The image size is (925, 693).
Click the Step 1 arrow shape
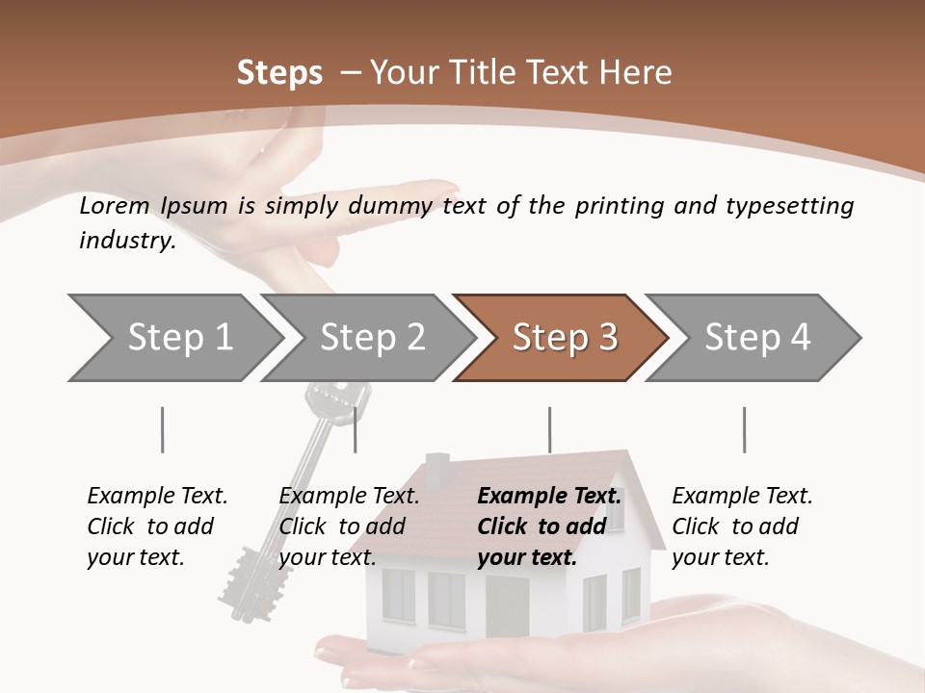coord(173,338)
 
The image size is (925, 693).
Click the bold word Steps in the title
coord(279,73)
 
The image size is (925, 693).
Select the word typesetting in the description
coord(789,205)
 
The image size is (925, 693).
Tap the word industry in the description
coord(127,241)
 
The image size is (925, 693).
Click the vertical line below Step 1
coord(162,429)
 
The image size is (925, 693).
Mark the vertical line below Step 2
coord(356,429)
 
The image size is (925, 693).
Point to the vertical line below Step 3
coord(549,429)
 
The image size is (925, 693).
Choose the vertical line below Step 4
coord(744,429)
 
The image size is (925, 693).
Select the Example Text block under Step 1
coord(157,526)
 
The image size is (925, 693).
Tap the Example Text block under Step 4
coord(742,526)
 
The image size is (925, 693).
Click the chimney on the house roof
coord(436,470)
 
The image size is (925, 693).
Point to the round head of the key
coord(337,395)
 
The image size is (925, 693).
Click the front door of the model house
coord(507,606)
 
